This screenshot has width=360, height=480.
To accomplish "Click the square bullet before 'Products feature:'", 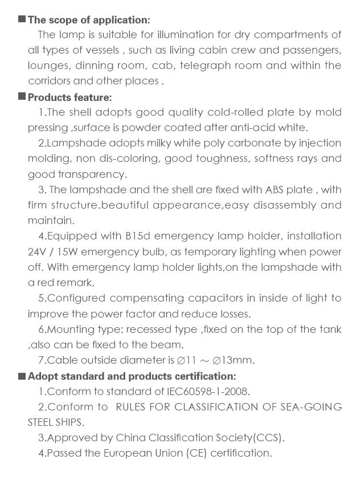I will click(x=22, y=96).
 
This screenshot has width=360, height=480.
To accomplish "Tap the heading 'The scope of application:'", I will click(x=89, y=21).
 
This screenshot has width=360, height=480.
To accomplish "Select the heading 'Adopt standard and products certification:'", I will click(x=132, y=376).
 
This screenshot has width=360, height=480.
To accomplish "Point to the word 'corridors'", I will click(x=50, y=81).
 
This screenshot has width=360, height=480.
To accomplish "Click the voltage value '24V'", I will click(x=38, y=251).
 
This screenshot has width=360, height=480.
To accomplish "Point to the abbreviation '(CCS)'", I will click(x=267, y=438).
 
